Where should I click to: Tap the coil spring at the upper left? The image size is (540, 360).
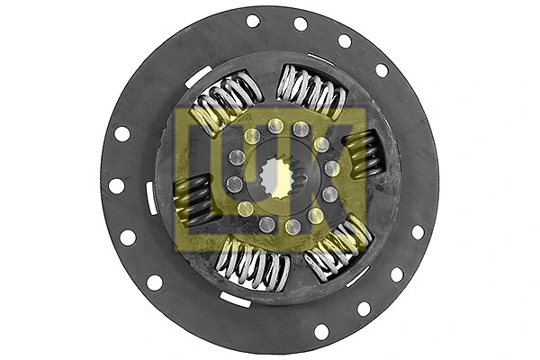(225, 104)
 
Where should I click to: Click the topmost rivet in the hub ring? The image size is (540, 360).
(275, 126)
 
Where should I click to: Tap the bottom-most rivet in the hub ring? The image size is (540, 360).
(267, 225)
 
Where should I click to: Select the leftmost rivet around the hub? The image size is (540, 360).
(235, 184)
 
